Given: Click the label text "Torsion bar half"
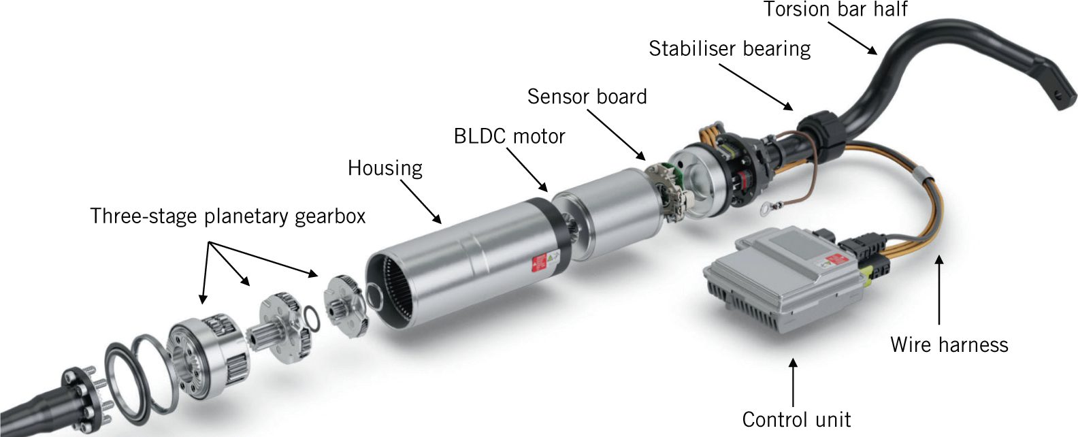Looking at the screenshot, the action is [x=835, y=9].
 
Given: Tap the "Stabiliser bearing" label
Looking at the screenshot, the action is [x=730, y=49].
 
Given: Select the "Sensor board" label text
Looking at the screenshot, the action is [x=587, y=97].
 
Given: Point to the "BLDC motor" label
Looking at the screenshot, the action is [x=509, y=137].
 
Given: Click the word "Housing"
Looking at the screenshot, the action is [x=385, y=168].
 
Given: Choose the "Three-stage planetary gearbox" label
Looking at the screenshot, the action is [x=227, y=216].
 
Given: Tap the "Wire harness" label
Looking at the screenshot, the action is [x=949, y=345].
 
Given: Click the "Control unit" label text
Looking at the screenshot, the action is [x=796, y=420].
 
